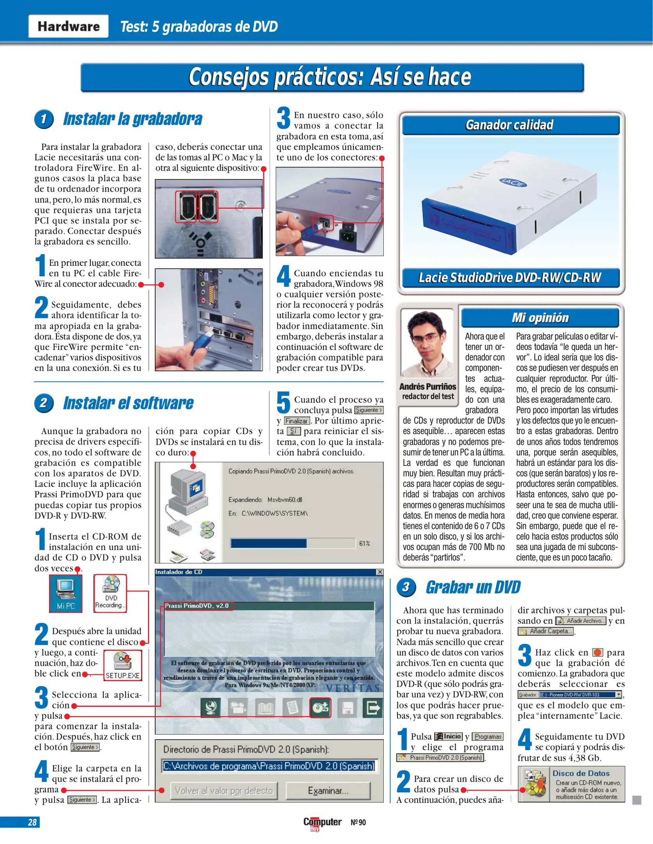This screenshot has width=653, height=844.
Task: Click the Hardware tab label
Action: pos(68,26)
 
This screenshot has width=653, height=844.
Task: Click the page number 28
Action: pos(32,822)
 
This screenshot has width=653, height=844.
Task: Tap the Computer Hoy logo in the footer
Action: pos(322,823)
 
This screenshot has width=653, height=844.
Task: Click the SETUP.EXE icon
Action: pos(122,665)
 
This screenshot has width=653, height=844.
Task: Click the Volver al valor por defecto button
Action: pos(224,790)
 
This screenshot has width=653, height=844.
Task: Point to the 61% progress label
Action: pos(364,543)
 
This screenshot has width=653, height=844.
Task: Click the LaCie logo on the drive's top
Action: pos(513,182)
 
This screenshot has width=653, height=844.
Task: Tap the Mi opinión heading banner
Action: pos(540,318)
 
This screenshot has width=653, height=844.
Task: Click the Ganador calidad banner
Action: pos(509,125)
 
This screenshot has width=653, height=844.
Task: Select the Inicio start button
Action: pos(448,736)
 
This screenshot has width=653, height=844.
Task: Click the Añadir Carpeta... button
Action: pos(546,631)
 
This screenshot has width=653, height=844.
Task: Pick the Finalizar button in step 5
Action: pos(297,421)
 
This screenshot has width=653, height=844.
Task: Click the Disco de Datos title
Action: pos(581,773)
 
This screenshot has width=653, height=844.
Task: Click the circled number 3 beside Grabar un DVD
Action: pos(406,587)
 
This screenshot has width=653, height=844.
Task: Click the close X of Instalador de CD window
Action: pos(379,572)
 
